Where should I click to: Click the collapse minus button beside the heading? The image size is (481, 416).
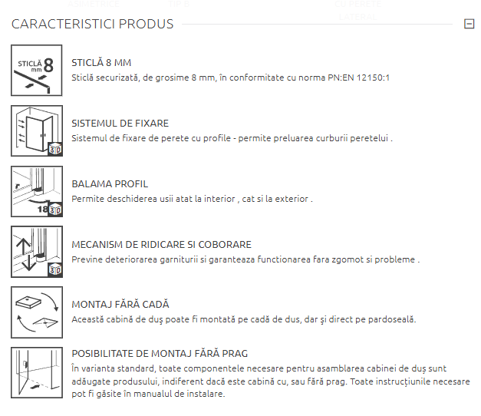coord(469,24)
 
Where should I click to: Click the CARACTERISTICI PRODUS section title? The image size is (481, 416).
coord(92,24)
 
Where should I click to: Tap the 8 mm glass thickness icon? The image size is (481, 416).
coord(37,71)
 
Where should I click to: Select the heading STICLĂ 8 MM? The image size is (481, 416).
coord(101,63)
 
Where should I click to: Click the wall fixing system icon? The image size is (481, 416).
coord(37,130)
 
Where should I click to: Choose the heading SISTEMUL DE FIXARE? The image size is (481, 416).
coord(120,124)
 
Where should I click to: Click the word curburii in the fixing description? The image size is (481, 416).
coord(332,138)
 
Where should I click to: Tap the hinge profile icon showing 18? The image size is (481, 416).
coord(37,192)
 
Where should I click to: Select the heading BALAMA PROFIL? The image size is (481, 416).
coord(110,184)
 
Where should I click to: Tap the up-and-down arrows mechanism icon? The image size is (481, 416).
coord(37,252)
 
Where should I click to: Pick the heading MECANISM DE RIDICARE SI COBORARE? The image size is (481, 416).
coord(161,244)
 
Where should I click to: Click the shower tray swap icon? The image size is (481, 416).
coord(37,312)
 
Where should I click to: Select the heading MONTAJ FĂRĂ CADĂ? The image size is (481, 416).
coord(120,304)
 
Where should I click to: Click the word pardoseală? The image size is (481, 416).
coord(392,319)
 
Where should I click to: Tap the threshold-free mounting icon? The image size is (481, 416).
coord(37,373)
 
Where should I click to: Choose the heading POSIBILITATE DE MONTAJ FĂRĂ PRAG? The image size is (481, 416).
coord(160,353)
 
